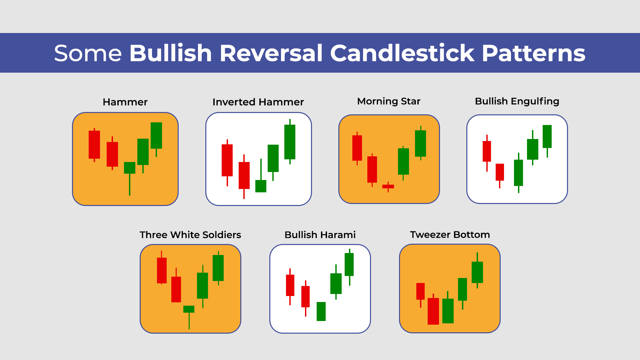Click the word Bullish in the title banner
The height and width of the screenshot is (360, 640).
[x=171, y=53]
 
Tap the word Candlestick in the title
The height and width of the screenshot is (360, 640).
[x=402, y=53]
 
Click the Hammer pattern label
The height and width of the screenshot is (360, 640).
[x=125, y=102]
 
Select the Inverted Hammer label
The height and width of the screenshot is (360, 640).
[x=258, y=102]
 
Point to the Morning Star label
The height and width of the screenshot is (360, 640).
[x=389, y=101]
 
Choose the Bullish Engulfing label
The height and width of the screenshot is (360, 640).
[x=517, y=101]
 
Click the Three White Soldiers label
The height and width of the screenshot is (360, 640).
[x=190, y=235]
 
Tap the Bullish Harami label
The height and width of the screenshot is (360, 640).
[x=320, y=235]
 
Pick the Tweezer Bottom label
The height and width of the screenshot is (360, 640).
[x=450, y=235]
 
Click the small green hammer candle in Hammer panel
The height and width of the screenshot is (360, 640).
[x=130, y=168]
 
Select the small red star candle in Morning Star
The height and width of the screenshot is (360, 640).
[x=388, y=187]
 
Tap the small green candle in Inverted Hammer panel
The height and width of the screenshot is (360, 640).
[x=261, y=186]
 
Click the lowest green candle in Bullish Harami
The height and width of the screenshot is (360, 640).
[x=321, y=311]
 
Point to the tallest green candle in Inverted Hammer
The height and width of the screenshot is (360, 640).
[x=290, y=142]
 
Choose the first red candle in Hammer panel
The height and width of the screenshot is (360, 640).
[x=94, y=145]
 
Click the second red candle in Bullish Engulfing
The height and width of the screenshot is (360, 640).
[x=500, y=172]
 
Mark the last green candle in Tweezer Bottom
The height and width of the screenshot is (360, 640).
[x=477, y=272]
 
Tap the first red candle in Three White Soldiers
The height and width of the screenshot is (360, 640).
[x=162, y=270]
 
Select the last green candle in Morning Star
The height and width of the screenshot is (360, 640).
[x=420, y=143]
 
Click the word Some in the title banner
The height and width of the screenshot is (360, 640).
[x=88, y=53]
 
